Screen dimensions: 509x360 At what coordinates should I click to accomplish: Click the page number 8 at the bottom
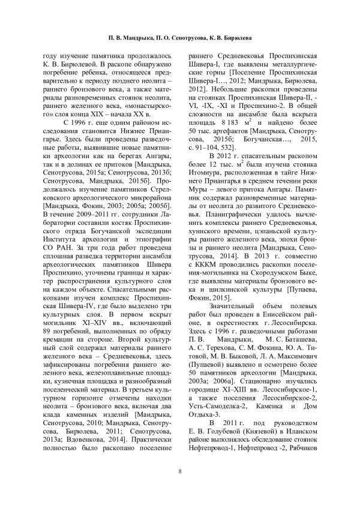tap(179, 471)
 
